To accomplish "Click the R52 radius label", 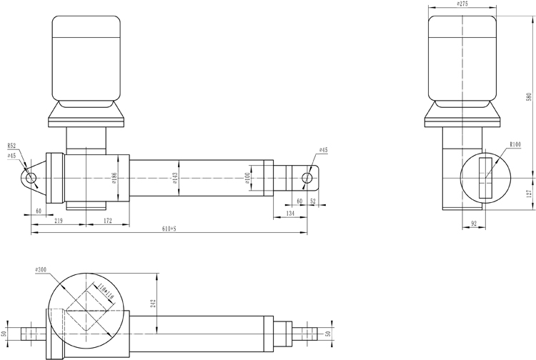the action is (11, 146).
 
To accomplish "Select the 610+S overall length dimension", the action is (169, 229).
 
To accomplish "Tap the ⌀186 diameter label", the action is (114, 178).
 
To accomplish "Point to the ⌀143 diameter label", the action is (174, 178).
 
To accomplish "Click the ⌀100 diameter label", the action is (247, 178).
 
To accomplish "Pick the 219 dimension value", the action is (59, 221).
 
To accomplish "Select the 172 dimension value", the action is (108, 221).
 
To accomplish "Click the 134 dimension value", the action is (290, 213).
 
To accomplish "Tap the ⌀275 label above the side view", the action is (462, 4).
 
